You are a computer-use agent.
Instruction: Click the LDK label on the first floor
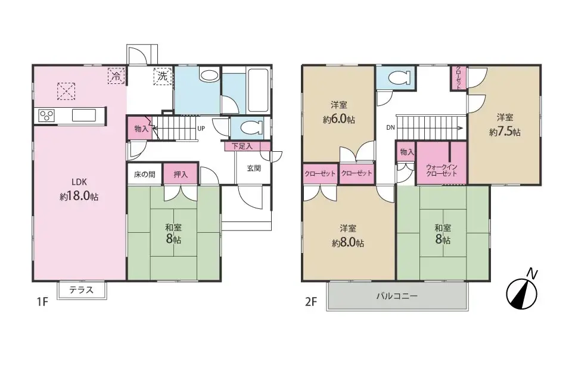pos(79,182)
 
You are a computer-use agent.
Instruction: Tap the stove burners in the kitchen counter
pos(46,116)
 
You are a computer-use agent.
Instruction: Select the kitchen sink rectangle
pos(84,115)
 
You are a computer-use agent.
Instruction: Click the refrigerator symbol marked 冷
pos(116,76)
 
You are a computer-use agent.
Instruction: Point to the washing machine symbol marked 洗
pos(162,76)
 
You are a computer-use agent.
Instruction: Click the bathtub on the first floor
pos(258,90)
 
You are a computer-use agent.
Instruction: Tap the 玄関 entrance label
pos(254,168)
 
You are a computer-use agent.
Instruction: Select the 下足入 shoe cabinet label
pos(243,146)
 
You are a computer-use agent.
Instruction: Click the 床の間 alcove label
pos(144,174)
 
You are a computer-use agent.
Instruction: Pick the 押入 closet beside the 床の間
pos(180,174)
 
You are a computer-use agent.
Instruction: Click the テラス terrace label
pos(82,290)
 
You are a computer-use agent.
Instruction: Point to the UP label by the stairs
pos(201,129)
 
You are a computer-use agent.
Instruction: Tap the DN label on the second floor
pos(390,127)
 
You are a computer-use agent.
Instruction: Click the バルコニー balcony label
pos(397,296)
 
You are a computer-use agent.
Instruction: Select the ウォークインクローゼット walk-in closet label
pos(442,170)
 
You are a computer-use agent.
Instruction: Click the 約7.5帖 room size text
pos(505,132)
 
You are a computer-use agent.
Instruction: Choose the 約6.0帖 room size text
pos(338,119)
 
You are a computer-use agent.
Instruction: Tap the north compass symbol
pos(522,293)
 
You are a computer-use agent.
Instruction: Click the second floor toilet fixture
pos(399,77)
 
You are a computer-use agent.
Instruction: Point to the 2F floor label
pos(311,302)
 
